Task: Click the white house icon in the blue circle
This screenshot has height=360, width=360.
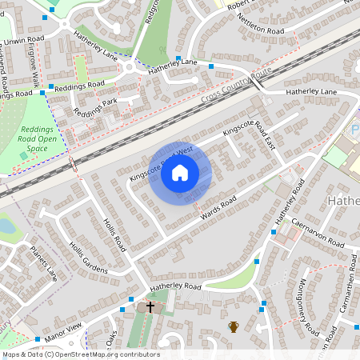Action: [x=180, y=173]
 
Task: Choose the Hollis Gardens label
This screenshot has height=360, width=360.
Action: [x=88, y=258]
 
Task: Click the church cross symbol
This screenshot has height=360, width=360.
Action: [x=150, y=306]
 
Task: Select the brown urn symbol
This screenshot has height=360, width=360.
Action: [x=234, y=326]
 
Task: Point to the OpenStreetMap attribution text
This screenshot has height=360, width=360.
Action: [x=80, y=354]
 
